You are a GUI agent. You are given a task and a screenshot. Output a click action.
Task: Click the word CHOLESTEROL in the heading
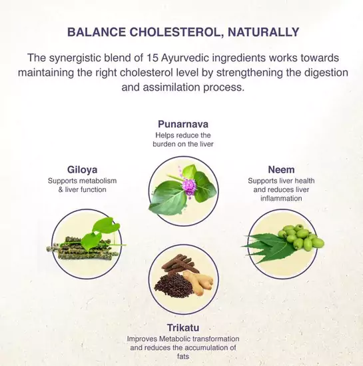(175, 32)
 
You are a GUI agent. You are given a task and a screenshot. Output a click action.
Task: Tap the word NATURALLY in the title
(264, 32)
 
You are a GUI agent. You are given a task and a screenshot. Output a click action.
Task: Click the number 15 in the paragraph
(153, 57)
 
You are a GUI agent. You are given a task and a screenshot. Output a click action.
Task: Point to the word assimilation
(171, 87)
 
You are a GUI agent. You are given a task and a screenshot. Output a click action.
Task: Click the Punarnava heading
(183, 124)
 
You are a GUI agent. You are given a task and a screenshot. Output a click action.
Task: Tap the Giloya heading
(83, 170)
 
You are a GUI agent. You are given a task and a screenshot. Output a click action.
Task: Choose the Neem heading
(281, 169)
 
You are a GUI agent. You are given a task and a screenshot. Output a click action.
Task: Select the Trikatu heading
(183, 328)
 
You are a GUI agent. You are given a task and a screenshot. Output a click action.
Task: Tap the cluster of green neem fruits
(302, 237)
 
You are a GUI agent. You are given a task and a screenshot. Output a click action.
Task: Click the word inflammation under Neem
(281, 199)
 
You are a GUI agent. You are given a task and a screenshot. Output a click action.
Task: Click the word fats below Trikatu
(183, 357)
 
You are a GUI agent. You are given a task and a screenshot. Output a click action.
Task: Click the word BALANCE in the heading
(97, 32)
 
